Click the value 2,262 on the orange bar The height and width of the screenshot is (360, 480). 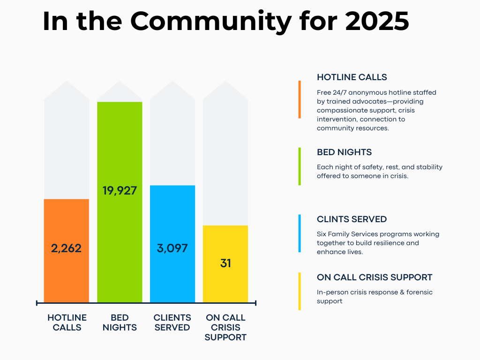(66, 248)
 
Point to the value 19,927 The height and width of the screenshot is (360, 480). (120, 191)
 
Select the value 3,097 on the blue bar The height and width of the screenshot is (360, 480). (172, 248)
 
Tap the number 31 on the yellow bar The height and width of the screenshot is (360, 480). (225, 263)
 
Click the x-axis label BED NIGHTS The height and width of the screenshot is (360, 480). (120, 323)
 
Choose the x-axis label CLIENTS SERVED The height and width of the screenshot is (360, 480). (172, 323)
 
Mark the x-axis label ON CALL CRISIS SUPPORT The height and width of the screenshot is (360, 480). (225, 328)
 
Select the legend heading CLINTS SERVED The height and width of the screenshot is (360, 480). (352, 219)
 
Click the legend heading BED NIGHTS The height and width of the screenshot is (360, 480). (344, 152)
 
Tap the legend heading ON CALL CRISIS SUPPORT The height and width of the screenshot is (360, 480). (375, 277)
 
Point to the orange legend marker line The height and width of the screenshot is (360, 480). (300, 99)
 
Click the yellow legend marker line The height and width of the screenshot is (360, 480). (300, 291)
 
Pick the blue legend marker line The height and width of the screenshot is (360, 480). (300, 233)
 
